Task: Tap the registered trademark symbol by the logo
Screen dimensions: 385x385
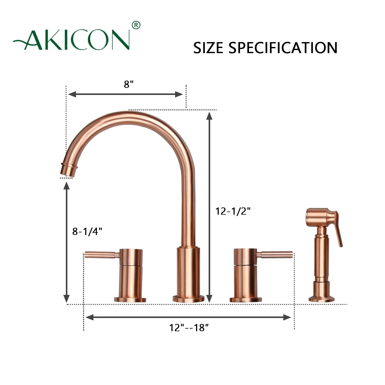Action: coord(136,25)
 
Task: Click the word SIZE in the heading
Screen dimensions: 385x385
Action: coord(208,48)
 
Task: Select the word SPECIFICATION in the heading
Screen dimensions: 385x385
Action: coord(283,48)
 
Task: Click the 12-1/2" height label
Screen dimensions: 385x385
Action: coord(233,211)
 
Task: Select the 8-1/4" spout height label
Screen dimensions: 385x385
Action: coord(87,232)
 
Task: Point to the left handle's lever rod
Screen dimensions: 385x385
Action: coord(101,255)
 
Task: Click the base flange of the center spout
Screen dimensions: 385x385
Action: coord(188,299)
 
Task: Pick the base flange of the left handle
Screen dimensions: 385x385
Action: coord(130,300)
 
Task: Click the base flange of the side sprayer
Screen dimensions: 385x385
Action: coord(322,299)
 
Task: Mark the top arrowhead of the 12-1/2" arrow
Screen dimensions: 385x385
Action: coord(209,116)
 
